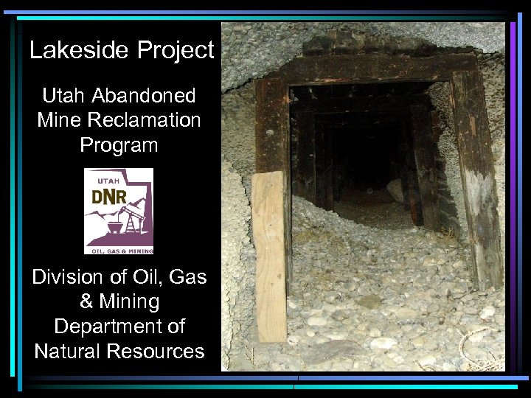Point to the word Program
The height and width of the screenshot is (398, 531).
(119, 144)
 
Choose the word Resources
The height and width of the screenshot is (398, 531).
(156, 352)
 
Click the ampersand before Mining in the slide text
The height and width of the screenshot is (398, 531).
(86, 302)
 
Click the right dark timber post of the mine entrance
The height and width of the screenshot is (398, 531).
(476, 177)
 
